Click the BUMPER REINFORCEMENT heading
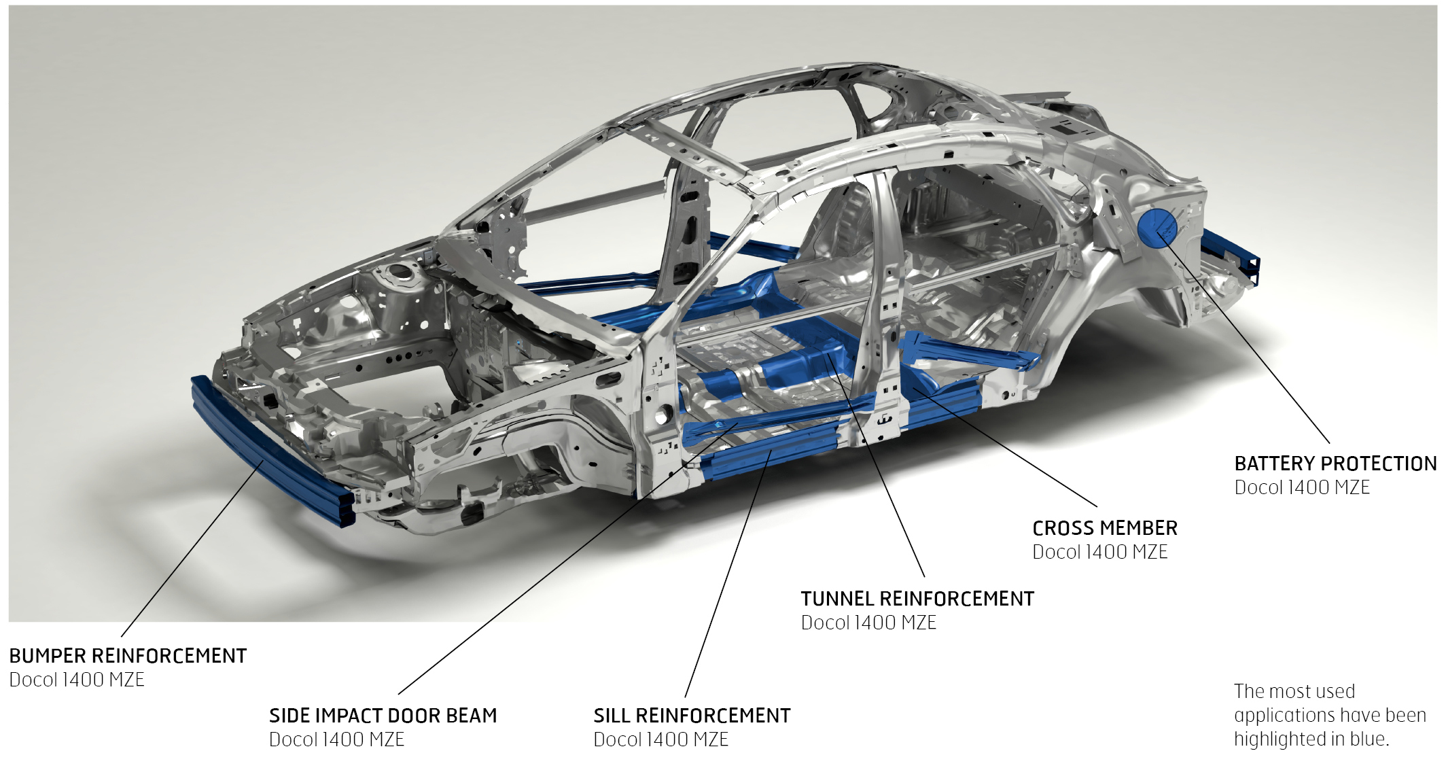pos(128,656)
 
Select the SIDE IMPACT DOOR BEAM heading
pos(383,716)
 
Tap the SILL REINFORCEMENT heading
pos(692,716)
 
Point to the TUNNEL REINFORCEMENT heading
pos(917,599)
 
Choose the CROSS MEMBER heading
pos(1105,528)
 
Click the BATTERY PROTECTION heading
pos(1335,464)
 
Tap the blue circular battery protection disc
pos(1157,228)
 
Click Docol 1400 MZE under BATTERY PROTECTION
pos(1302,487)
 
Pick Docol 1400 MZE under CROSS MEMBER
pos(1099,552)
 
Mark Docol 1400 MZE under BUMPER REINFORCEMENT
pos(77,680)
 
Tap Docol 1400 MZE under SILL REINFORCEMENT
pos(660,739)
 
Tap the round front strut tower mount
pos(400,275)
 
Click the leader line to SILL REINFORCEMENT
pos(728,573)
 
